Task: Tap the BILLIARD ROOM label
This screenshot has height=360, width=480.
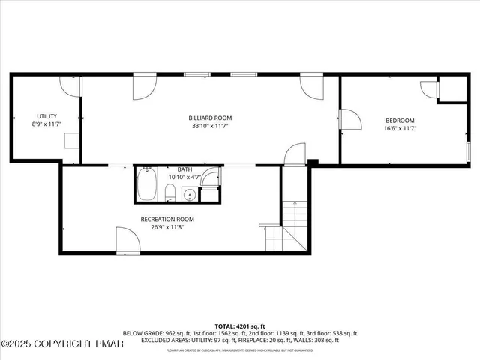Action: (x=210, y=118)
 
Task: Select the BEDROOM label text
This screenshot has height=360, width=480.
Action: (x=400, y=121)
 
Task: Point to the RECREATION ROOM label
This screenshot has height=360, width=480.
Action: (x=167, y=219)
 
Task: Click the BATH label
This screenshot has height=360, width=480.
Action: (x=184, y=169)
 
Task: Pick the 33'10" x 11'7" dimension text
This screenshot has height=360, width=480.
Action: (x=210, y=126)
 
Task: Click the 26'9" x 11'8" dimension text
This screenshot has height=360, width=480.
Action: (x=167, y=227)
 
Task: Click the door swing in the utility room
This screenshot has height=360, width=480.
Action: (x=70, y=86)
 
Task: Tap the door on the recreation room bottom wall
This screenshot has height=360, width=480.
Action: (x=127, y=241)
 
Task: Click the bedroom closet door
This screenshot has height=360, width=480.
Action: (x=429, y=91)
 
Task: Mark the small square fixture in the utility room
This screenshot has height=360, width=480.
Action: (x=72, y=142)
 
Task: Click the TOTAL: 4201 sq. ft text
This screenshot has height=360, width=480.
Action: (x=240, y=327)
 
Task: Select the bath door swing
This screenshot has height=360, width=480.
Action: (x=212, y=179)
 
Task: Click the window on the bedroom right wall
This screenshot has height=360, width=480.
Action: (x=469, y=150)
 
